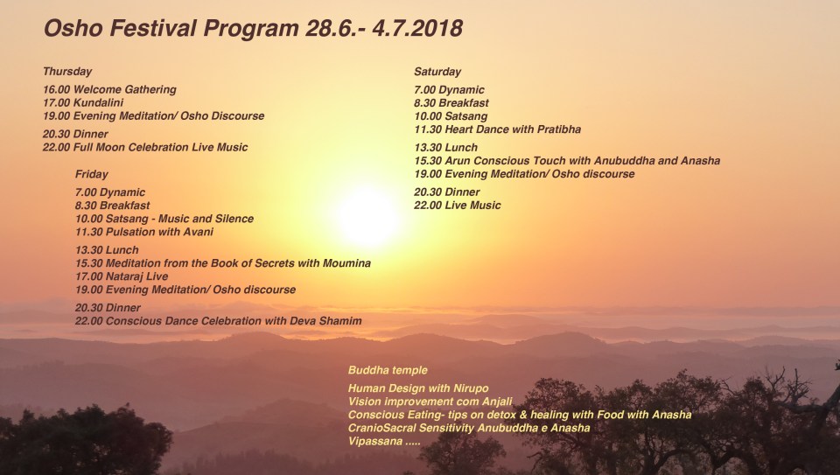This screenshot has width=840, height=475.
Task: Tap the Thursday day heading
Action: coord(66,72)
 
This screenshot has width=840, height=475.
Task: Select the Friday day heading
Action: coord(92,174)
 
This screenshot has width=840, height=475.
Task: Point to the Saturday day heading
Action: coord(437,72)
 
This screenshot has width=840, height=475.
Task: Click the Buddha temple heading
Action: coord(388,371)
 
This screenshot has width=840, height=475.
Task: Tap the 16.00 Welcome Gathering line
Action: coord(109,90)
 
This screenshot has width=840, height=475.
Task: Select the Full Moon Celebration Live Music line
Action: coord(145,147)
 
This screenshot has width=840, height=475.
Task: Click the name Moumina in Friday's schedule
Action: coord(342,263)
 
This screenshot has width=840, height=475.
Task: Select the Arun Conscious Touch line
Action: coord(567,161)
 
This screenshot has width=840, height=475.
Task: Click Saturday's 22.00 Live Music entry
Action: coord(458,206)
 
